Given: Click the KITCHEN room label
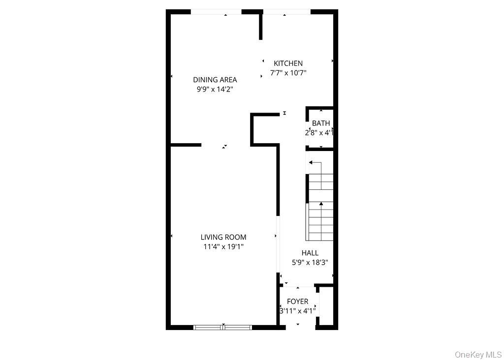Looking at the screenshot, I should (288, 63).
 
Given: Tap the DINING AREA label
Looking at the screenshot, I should (215, 80).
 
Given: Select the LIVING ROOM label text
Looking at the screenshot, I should (223, 237).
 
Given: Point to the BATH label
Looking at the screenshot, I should (321, 123).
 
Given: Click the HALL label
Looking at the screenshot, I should (310, 253).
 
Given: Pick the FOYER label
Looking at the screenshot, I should (297, 301).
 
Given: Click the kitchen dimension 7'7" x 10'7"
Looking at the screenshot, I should (288, 73).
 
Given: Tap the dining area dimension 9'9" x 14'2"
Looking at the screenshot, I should (215, 89).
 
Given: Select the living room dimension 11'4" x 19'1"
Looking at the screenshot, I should (223, 246).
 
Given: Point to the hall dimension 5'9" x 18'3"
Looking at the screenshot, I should (310, 262).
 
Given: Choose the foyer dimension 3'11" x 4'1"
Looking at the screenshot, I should (297, 311).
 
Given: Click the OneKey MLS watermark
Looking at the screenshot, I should (478, 354).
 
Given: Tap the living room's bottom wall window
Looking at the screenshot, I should (223, 327).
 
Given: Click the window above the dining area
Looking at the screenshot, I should (216, 12).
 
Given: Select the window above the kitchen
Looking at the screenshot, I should (286, 12).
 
